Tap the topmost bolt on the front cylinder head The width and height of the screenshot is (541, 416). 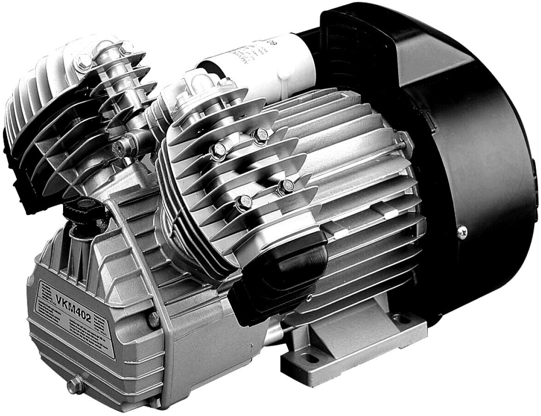click(260, 134)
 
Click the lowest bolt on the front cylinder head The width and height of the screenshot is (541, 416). click(244, 202)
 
